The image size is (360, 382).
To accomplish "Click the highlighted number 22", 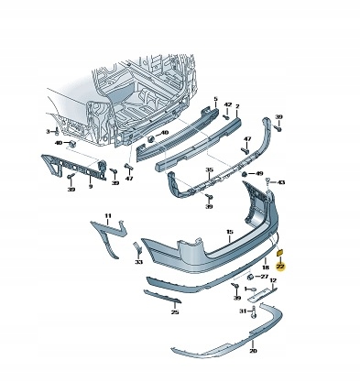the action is (x=280, y=267).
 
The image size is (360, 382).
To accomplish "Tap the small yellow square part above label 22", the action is (x=280, y=253).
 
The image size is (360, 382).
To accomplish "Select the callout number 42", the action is (x=228, y=104).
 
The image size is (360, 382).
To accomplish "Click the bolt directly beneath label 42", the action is (x=226, y=116).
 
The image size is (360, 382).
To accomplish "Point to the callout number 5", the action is (x=216, y=99).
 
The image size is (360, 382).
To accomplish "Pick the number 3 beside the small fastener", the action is (x=48, y=132).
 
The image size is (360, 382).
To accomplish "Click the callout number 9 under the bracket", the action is (x=91, y=186).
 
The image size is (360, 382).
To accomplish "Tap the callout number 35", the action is (x=209, y=169).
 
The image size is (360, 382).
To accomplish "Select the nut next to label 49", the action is (x=245, y=174).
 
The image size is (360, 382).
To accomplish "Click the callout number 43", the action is (x=281, y=182).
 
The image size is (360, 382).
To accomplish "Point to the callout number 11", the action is (x=108, y=216).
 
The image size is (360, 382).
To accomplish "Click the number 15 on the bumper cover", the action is (x=230, y=232).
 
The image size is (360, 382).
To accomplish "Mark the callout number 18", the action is (x=266, y=267).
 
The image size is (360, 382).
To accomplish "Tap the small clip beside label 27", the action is (x=250, y=277).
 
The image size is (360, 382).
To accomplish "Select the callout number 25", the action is (x=175, y=311).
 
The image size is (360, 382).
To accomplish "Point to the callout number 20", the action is (x=253, y=351).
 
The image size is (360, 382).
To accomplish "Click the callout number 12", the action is (x=273, y=280).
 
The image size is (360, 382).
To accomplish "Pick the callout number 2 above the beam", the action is (x=238, y=106).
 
